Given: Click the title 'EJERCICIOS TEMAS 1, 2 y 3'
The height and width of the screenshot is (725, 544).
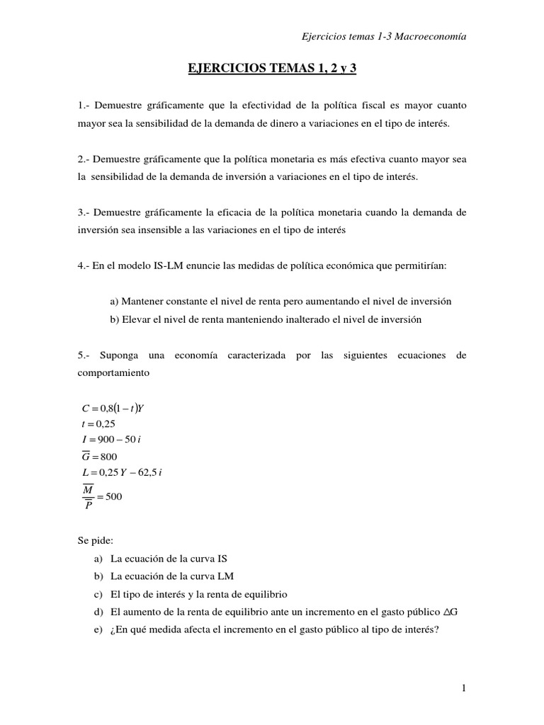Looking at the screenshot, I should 271,69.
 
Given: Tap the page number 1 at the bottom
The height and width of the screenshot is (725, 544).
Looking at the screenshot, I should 463,687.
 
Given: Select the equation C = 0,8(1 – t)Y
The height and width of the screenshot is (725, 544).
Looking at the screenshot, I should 113,408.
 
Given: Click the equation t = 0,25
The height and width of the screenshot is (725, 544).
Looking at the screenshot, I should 98,424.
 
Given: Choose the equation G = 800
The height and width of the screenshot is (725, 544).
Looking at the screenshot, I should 100,457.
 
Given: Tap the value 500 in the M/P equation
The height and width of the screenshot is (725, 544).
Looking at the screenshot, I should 113,497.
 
